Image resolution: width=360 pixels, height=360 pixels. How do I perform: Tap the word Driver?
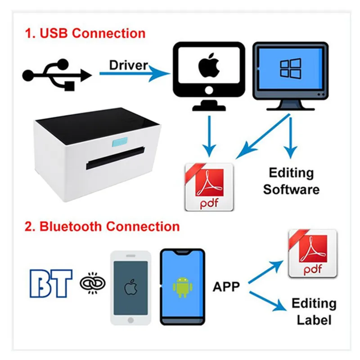tap(128, 65)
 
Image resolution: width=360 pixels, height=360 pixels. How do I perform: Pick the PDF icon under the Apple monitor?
tap(209, 187)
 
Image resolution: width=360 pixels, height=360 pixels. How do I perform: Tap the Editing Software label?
tap(291, 180)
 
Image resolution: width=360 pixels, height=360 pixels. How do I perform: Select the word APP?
tap(226, 286)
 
